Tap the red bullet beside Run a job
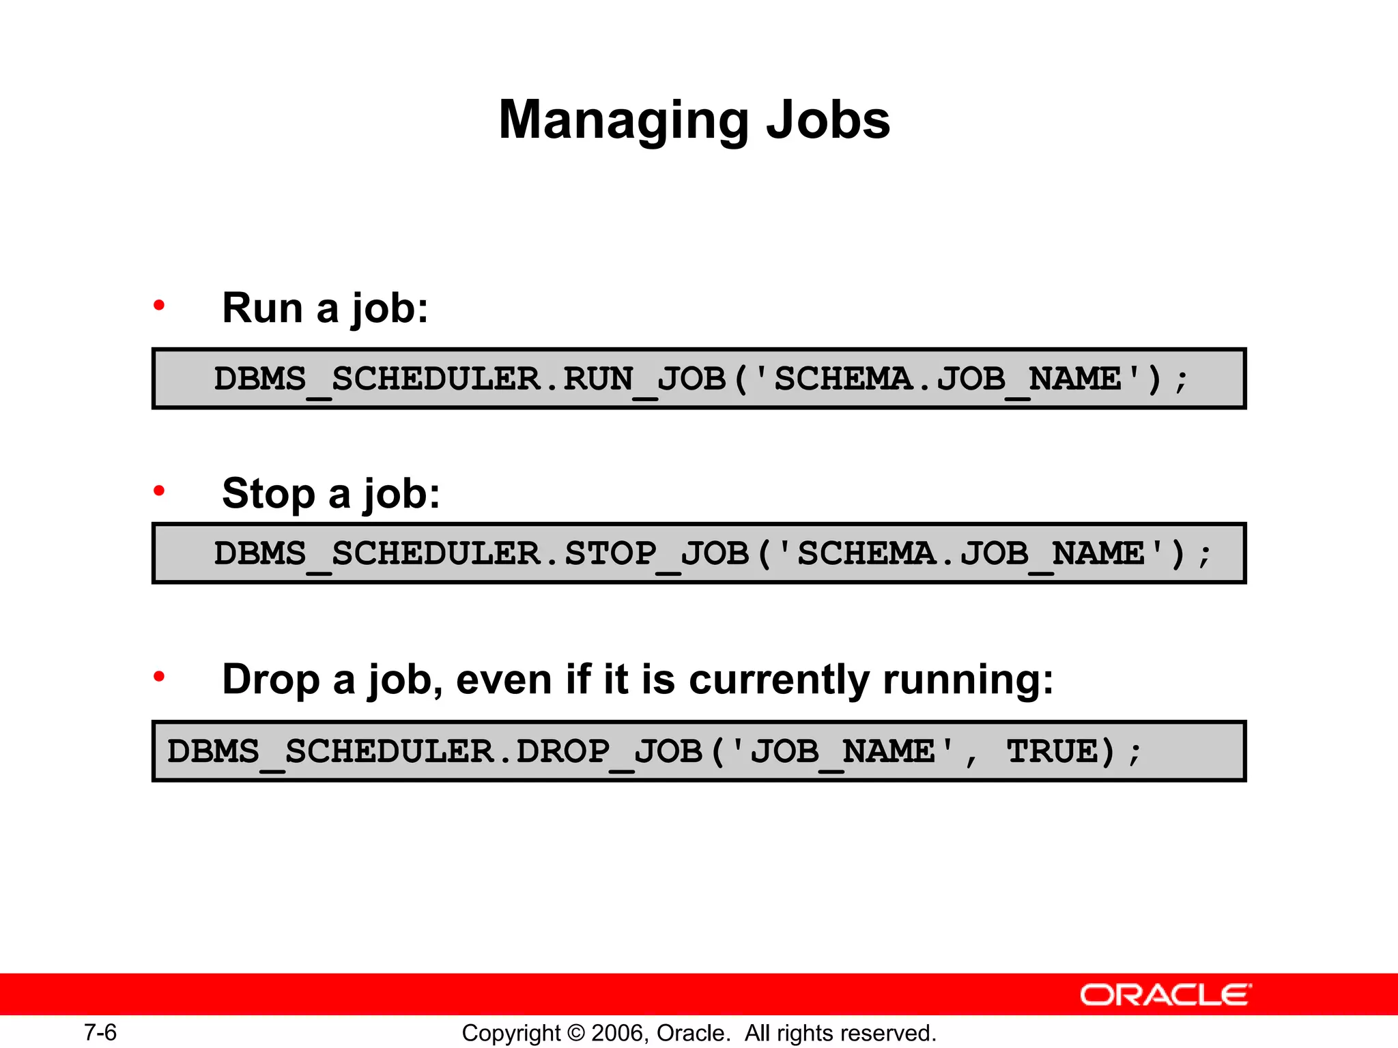point(159,305)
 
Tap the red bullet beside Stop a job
point(159,491)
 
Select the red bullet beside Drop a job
point(159,677)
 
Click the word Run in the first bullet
point(262,308)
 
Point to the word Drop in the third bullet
point(271,680)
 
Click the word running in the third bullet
point(968,680)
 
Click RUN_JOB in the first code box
point(644,379)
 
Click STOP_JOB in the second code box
point(657,553)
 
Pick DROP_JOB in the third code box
point(610,752)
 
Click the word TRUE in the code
point(1052,751)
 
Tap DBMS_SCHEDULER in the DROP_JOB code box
point(330,752)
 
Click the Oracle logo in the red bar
point(1165,995)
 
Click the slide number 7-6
point(100,1032)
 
